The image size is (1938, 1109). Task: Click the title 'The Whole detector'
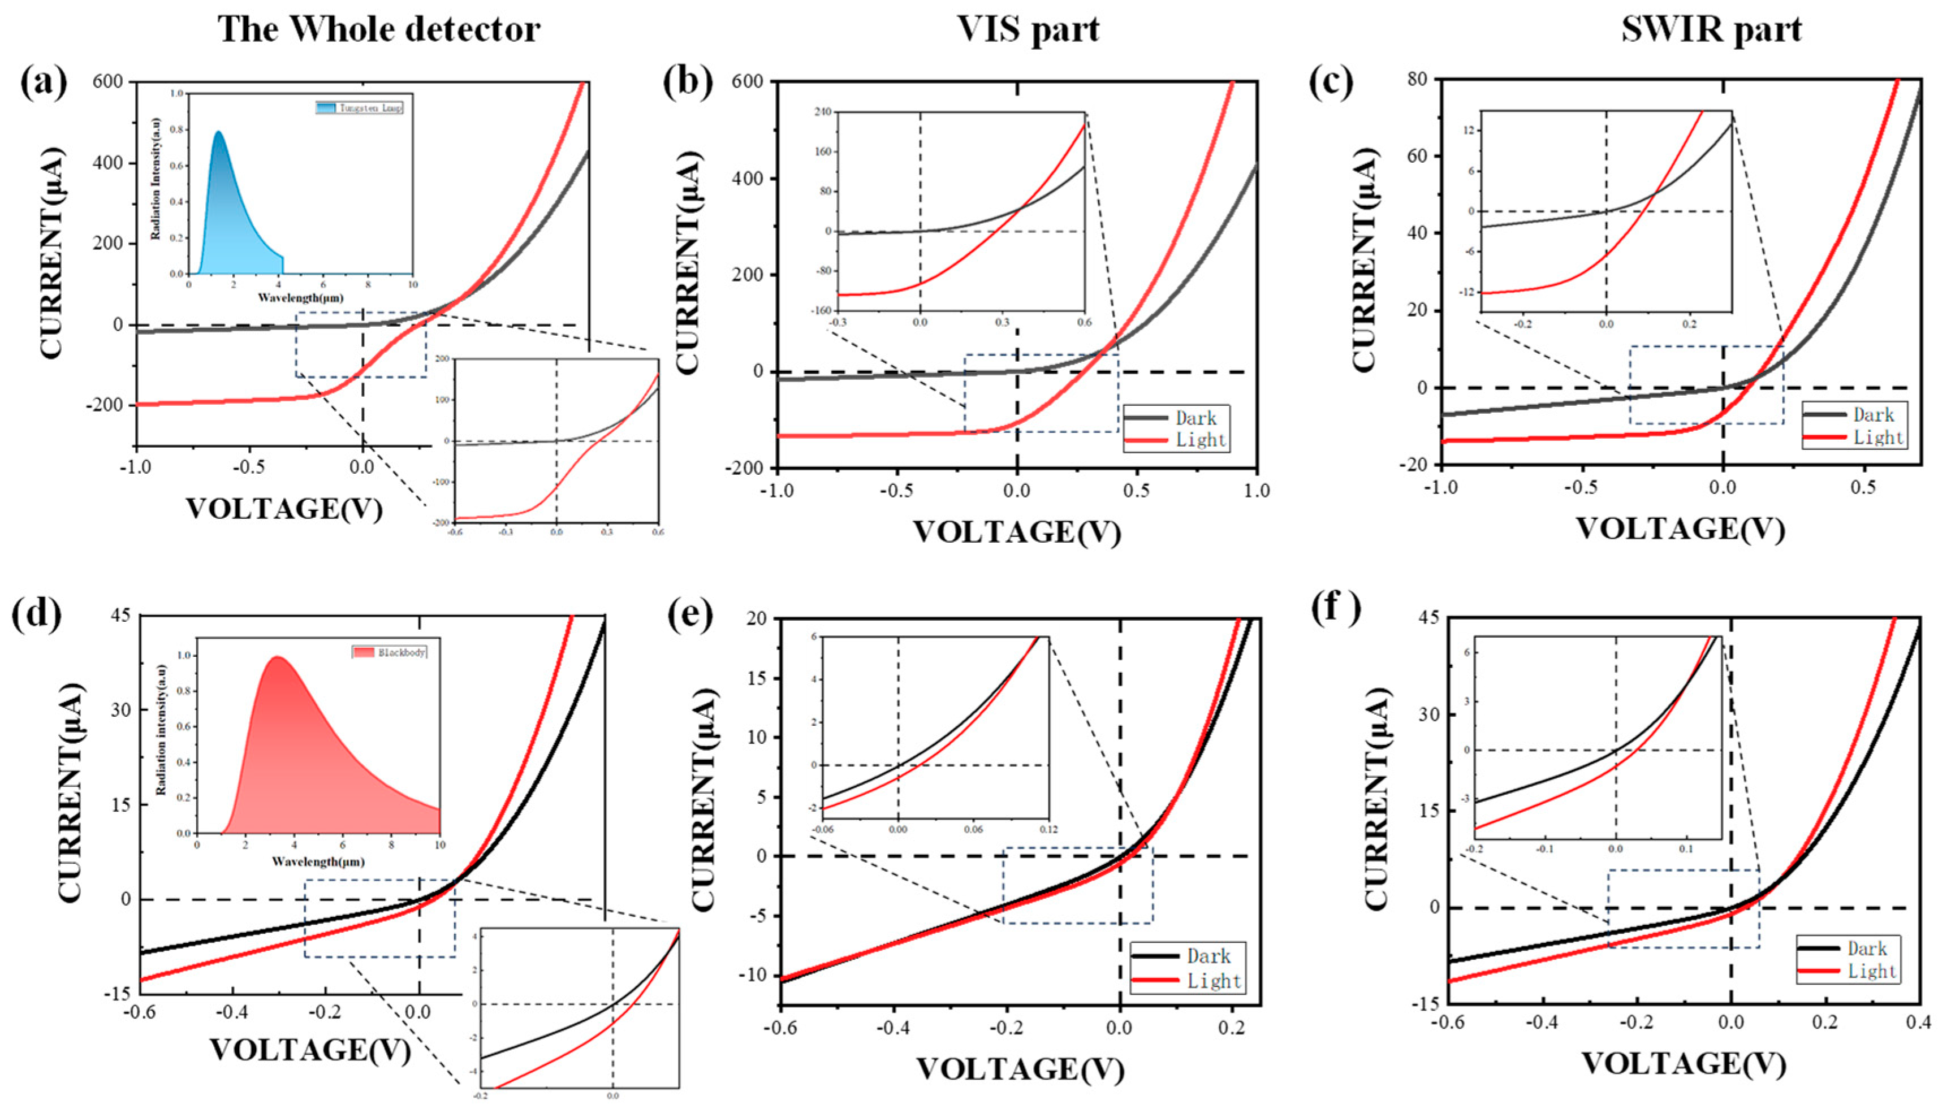click(379, 29)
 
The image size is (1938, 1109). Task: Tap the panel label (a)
click(44, 83)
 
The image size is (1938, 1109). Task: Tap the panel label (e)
click(689, 616)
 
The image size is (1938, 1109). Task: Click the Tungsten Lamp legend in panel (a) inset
click(360, 108)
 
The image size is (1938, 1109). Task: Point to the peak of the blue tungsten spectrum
click(219, 132)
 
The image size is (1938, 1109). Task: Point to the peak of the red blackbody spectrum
click(277, 657)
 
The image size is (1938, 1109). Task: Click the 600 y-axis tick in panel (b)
click(749, 81)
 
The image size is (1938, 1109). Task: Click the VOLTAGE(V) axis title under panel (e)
click(1020, 1069)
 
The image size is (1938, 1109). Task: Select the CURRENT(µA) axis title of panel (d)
click(70, 792)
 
